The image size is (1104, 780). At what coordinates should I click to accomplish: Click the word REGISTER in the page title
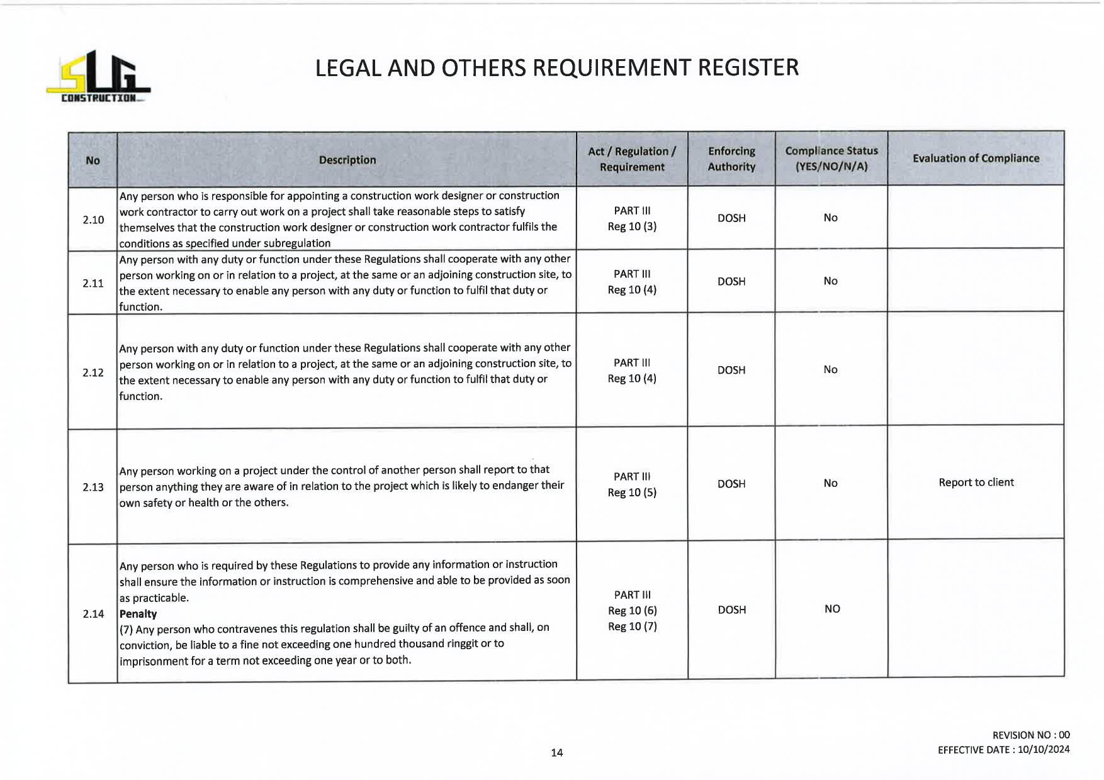pyautogui.click(x=748, y=68)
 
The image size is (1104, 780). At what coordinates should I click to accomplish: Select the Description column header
pyautogui.click(x=347, y=160)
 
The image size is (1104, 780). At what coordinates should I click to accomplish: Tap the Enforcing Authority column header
pyautogui.click(x=731, y=159)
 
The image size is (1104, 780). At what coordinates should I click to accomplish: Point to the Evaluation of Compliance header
pyautogui.click(x=976, y=159)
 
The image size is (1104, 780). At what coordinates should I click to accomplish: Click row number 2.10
pyautogui.click(x=93, y=220)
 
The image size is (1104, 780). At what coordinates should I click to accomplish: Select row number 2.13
pyautogui.click(x=93, y=487)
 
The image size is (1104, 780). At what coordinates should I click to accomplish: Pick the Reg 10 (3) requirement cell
pyautogui.click(x=632, y=226)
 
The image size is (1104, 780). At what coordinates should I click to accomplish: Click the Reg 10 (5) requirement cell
pyautogui.click(x=632, y=493)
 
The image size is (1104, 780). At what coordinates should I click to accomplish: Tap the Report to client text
pyautogui.click(x=976, y=482)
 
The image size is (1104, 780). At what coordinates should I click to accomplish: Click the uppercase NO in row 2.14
pyautogui.click(x=832, y=609)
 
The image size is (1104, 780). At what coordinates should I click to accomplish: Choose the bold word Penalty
pyautogui.click(x=138, y=614)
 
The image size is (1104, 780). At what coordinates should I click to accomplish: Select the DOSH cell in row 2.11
pyautogui.click(x=731, y=281)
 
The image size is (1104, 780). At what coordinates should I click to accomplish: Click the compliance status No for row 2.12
pyautogui.click(x=831, y=370)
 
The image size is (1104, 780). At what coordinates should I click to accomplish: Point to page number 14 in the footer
pyautogui.click(x=557, y=752)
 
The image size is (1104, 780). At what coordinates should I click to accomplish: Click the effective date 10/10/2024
pyautogui.click(x=1044, y=750)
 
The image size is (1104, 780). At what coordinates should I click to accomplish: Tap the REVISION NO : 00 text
pyautogui.click(x=1031, y=735)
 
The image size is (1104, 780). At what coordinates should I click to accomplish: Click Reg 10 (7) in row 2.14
pyautogui.click(x=633, y=627)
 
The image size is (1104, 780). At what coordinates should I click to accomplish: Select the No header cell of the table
pyautogui.click(x=93, y=160)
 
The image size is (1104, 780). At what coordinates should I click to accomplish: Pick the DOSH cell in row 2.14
pyautogui.click(x=732, y=610)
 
